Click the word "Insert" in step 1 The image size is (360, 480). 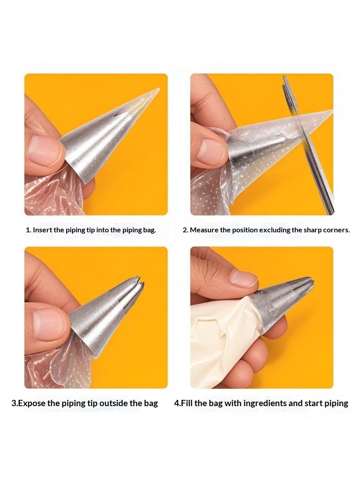click(x=42, y=230)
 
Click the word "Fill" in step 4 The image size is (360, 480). click(x=187, y=403)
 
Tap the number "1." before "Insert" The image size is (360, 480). click(x=28, y=230)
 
